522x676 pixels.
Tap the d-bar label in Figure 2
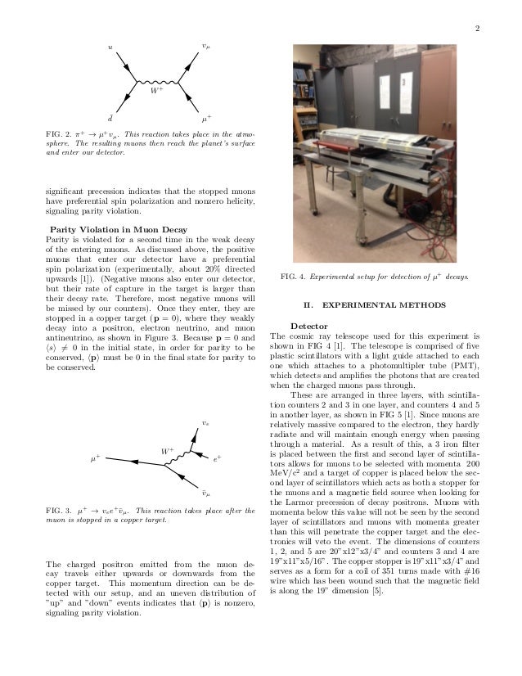pyautogui.click(x=100, y=118)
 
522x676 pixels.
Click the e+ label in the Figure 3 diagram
pyautogui.click(x=218, y=461)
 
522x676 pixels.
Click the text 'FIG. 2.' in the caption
pyautogui.click(x=60, y=132)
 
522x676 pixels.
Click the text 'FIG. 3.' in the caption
pyautogui.click(x=60, y=511)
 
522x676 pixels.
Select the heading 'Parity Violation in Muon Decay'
pyautogui.click(x=119, y=228)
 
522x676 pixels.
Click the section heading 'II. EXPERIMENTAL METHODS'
pyautogui.click(x=374, y=306)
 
